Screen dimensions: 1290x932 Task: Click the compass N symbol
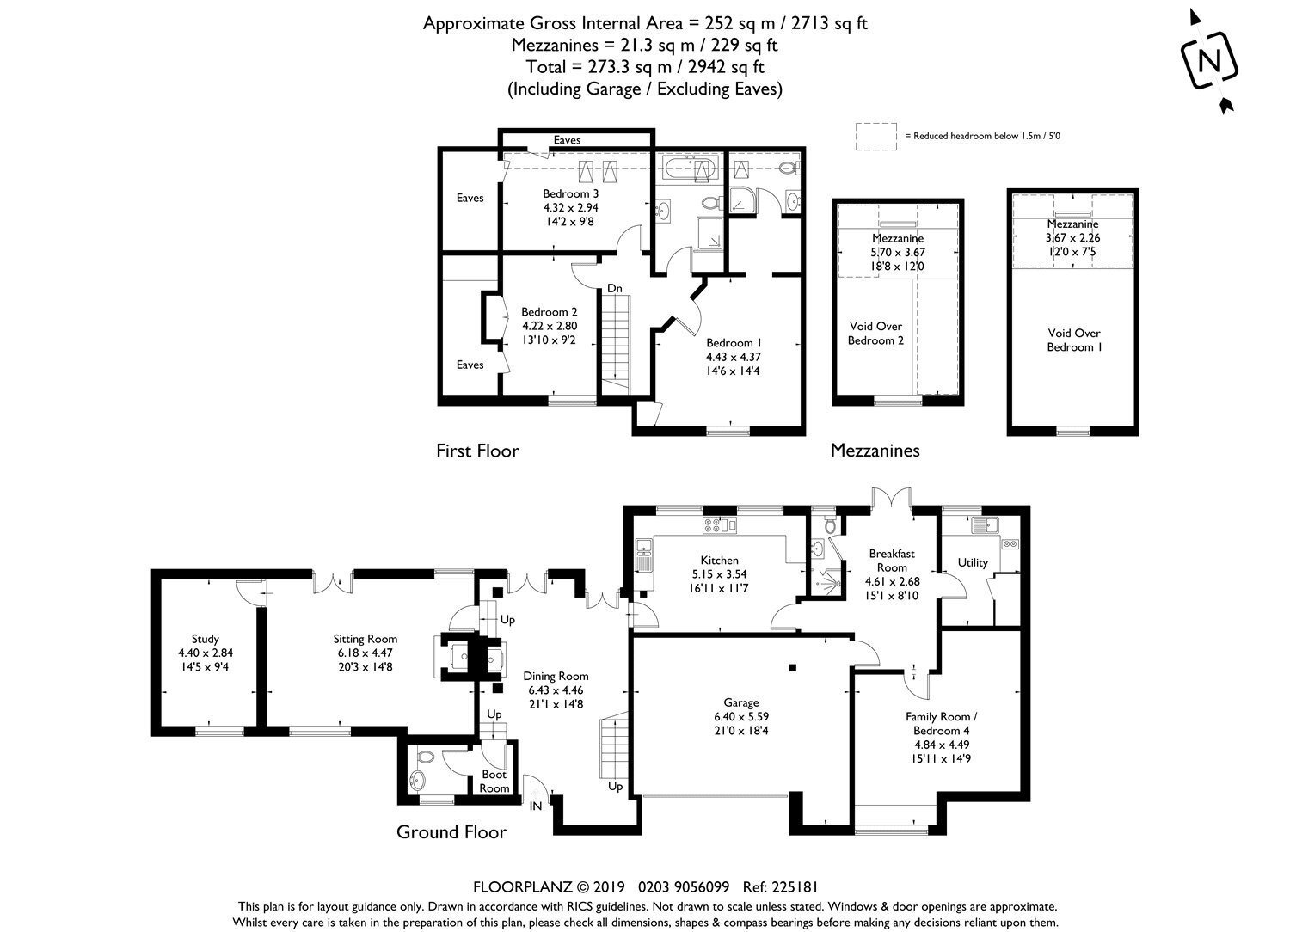[1209, 61]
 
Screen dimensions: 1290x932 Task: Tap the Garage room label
[741, 702]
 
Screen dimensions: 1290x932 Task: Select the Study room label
[205, 639]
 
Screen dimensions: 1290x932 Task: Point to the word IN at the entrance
[536, 806]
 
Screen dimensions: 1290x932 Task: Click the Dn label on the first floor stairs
[615, 288]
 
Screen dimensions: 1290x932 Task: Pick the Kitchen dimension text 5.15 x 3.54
[719, 574]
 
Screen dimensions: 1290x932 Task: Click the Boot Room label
[494, 782]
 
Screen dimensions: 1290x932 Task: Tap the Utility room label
[973, 562]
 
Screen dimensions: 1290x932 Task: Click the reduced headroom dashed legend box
[876, 137]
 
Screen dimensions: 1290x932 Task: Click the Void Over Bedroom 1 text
[1074, 340]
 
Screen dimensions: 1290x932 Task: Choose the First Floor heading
[477, 451]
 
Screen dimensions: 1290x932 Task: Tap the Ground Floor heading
[451, 831]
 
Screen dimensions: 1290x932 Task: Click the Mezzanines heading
[875, 451]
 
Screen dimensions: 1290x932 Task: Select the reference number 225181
[795, 887]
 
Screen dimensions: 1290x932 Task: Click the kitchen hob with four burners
[712, 524]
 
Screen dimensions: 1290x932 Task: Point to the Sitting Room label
[365, 639]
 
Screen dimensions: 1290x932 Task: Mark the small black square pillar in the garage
[792, 668]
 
